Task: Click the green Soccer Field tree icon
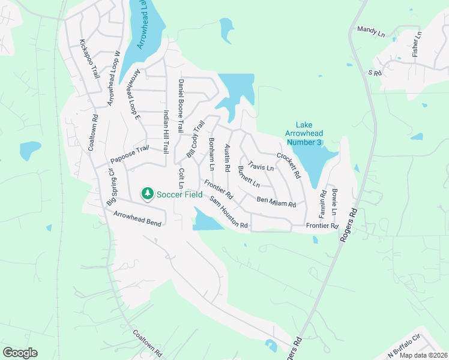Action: [x=146, y=193]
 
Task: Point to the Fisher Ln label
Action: [x=417, y=44]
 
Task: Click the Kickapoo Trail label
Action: [x=88, y=59]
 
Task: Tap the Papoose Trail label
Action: [x=129, y=155]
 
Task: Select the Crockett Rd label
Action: [x=288, y=165]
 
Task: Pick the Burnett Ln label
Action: [x=249, y=176]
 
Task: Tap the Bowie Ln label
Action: [x=334, y=203]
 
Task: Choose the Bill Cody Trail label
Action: [x=196, y=139]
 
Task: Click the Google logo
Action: [x=20, y=353]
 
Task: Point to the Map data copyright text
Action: [x=423, y=355]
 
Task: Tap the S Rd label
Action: [x=375, y=73]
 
